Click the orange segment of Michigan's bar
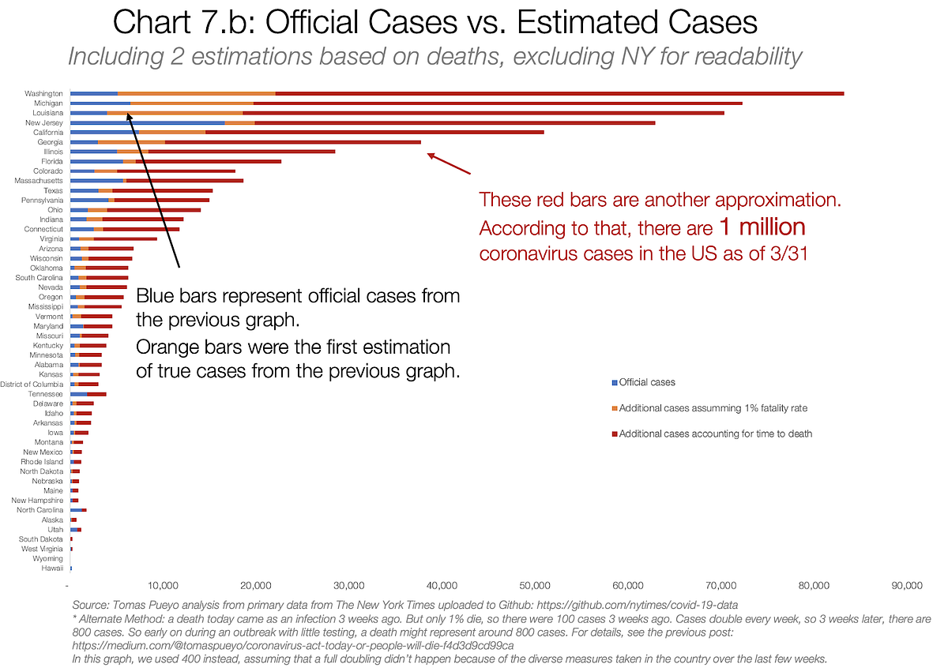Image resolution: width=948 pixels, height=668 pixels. pos(192,103)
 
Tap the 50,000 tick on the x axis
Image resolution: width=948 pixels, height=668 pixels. pos(535,586)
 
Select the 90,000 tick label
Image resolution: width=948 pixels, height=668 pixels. pos(906,586)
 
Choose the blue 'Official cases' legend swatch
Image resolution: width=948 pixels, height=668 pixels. pos(615,382)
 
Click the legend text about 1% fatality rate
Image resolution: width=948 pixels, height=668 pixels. pos(713,407)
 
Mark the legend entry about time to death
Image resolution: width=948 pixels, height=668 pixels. pos(716,433)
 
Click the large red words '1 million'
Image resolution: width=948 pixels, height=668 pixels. pos(762,227)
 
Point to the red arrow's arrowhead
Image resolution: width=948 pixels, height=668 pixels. pos(430,155)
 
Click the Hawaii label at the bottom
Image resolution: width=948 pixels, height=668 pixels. pos(53,569)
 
